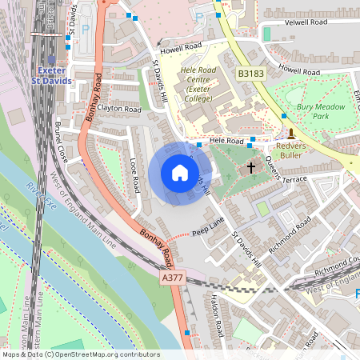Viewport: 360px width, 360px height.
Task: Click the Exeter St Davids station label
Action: click(51, 76)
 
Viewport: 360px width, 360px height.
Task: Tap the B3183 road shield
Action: click(250, 73)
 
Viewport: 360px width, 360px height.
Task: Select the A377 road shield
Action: click(172, 277)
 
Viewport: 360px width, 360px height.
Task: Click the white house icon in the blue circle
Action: click(180, 174)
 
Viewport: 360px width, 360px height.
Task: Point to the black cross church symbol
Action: click(251, 168)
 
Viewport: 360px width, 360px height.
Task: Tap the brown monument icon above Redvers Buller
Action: click(291, 133)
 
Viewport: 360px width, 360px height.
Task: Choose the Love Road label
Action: click(134, 174)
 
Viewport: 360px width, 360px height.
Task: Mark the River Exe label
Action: click(32, 199)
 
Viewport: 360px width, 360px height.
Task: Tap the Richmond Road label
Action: click(290, 238)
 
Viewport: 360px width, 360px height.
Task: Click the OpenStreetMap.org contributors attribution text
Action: click(104, 354)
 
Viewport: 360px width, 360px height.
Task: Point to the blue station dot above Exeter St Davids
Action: click(52, 59)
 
